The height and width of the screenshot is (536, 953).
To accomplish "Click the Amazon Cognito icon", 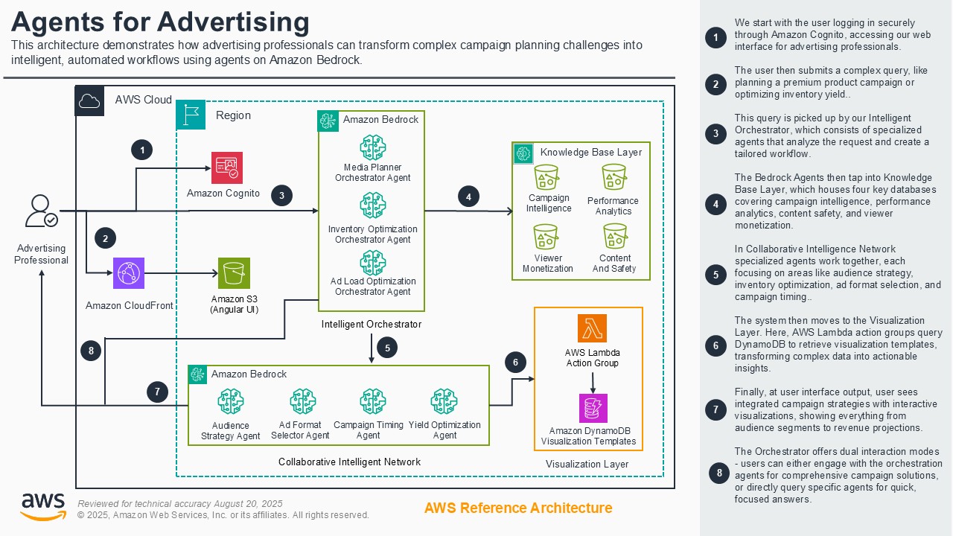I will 226,167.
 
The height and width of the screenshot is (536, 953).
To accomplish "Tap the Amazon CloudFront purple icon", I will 129,273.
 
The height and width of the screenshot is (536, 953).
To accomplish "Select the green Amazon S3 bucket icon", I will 234,273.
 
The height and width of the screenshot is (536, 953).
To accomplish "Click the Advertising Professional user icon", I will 40,211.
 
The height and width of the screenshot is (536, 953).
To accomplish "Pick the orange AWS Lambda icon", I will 592,328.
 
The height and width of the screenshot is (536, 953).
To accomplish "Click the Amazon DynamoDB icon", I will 593,408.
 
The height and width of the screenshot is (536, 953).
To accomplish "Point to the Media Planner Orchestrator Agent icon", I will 372,147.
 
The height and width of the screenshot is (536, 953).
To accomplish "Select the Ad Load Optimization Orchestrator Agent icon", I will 372,263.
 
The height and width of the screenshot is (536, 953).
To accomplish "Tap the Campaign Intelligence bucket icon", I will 548,178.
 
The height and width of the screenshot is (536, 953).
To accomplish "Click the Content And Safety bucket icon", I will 614,237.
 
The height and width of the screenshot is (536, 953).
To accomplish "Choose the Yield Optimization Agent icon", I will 444,402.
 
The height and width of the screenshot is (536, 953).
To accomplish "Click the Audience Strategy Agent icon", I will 231,402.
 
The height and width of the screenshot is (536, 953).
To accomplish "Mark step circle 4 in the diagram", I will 468,197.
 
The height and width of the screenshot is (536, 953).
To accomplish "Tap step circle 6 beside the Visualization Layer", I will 515,363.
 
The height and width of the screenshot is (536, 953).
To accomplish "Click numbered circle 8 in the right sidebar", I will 718,473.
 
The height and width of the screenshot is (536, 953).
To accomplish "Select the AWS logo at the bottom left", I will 42,506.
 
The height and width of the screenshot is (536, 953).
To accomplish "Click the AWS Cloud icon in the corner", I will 89,100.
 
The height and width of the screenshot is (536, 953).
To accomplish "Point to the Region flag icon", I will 191,115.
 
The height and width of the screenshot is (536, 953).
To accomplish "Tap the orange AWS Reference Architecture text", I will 518,508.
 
